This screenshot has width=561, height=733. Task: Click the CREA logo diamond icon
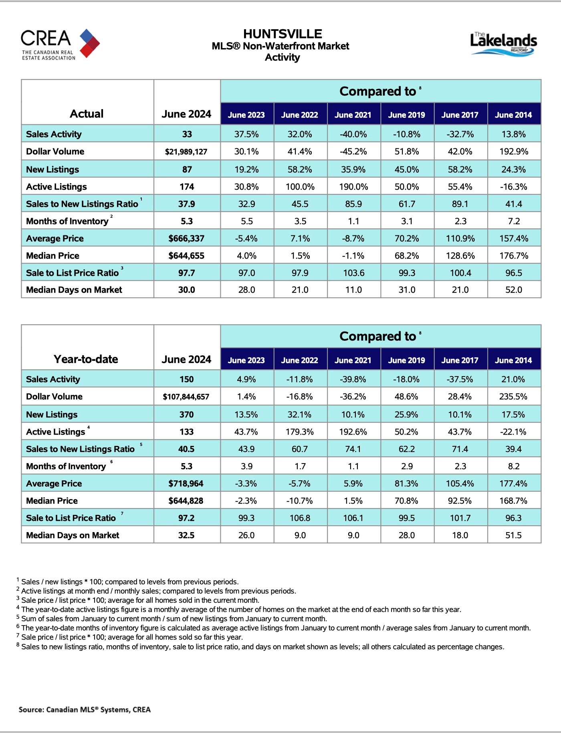click(89, 43)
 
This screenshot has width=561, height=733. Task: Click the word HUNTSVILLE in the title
click(283, 34)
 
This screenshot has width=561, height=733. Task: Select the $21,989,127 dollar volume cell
click(186, 152)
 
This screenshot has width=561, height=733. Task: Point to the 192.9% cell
click(514, 152)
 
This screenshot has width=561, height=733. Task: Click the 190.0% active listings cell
click(353, 186)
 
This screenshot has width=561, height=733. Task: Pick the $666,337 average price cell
click(186, 239)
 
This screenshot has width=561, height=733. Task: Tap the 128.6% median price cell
click(460, 255)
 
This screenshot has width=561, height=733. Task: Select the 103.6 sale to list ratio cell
click(353, 273)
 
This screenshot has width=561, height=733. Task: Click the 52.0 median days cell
click(514, 290)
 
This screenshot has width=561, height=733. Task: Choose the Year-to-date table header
click(86, 359)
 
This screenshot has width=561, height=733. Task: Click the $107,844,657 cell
click(186, 397)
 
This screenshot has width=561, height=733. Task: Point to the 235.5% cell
click(513, 397)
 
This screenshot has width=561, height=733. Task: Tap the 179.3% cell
click(300, 432)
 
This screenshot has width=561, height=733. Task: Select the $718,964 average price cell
click(186, 484)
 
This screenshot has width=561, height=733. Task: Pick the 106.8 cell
click(300, 518)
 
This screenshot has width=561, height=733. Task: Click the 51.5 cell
click(513, 535)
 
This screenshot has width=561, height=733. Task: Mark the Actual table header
click(87, 114)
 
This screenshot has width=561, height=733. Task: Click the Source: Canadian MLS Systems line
click(85, 709)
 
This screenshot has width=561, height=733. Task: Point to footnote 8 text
click(262, 647)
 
